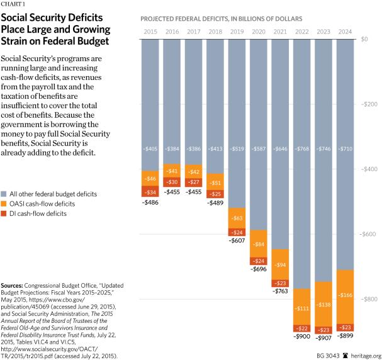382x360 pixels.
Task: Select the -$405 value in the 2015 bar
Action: tap(150, 150)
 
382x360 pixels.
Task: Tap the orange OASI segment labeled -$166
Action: tap(346, 295)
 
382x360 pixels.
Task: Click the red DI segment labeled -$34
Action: tap(150, 192)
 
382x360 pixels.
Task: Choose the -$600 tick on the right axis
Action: tap(366, 234)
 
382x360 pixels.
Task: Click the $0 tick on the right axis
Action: tap(369, 40)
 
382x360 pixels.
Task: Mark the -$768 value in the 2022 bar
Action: tap(302, 150)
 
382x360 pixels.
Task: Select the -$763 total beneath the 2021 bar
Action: tap(281, 291)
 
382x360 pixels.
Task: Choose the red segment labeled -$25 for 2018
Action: tap(215, 193)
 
